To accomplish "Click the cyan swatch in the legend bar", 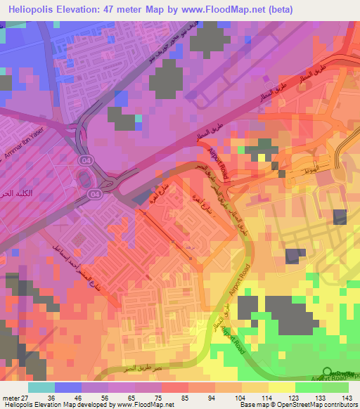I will click(41, 387).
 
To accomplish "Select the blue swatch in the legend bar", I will click(68, 387).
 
